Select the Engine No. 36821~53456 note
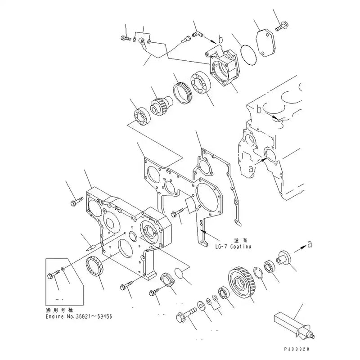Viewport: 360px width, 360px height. coord(79,316)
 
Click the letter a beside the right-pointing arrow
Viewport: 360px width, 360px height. coord(309,243)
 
